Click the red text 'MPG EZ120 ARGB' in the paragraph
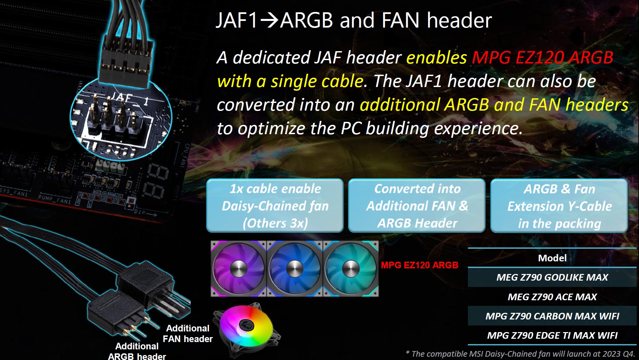(542, 57)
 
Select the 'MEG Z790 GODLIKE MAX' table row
(552, 277)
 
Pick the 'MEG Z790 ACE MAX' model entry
(552, 297)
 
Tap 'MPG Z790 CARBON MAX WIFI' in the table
(552, 316)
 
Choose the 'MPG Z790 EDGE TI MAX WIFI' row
(552, 335)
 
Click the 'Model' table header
(552, 258)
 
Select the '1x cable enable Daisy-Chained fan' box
(275, 206)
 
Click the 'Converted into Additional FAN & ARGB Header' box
(417, 206)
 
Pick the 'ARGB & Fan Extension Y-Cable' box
(559, 206)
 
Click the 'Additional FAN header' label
(188, 333)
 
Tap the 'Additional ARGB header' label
(137, 351)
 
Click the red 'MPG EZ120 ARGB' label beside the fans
(419, 265)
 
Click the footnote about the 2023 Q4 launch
(520, 354)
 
